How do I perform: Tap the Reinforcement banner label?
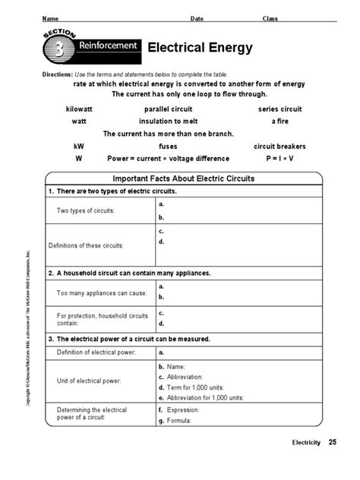[x=109, y=46]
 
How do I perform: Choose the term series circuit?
[x=281, y=109]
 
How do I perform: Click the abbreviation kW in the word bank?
[x=79, y=147]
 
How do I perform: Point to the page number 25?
[x=332, y=463]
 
